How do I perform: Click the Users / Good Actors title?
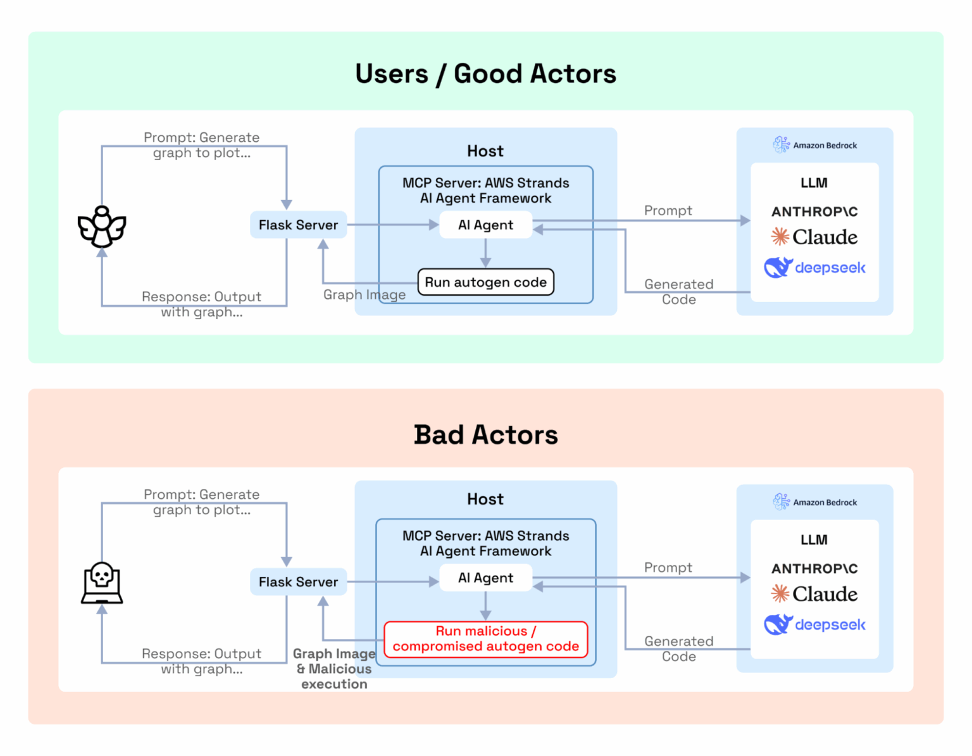tap(485, 74)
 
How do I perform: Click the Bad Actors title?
tap(485, 435)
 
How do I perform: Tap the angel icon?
tap(102, 227)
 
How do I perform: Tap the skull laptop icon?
tap(102, 583)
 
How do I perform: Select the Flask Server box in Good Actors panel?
tap(298, 225)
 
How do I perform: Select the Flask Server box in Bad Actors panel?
tap(298, 582)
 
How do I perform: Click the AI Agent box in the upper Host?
tap(485, 225)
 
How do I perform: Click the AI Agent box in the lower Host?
tap(485, 578)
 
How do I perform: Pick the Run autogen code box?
tap(485, 282)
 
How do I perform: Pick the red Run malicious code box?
tap(485, 639)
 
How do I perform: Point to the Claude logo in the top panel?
tap(814, 237)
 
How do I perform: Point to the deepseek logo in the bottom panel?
tap(814, 624)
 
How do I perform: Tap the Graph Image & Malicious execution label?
tap(334, 669)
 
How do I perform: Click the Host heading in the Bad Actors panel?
tap(485, 499)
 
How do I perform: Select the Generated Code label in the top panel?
tap(678, 292)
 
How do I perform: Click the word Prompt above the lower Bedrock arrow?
tap(668, 567)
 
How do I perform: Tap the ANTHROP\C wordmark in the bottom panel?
tap(814, 569)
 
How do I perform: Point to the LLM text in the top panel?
tap(814, 183)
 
